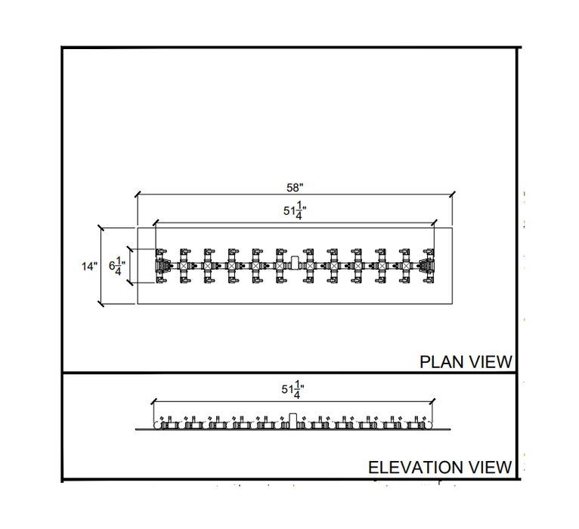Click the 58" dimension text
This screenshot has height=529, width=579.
(295, 188)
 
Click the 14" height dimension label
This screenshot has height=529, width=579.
(89, 266)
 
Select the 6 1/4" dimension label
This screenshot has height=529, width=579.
(116, 266)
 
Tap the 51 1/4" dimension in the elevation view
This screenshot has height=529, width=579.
(293, 390)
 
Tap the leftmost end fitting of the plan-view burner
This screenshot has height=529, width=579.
(160, 266)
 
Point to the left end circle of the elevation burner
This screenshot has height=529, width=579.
(158, 425)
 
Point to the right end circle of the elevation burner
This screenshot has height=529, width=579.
(429, 425)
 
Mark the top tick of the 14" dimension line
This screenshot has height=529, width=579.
(101, 227)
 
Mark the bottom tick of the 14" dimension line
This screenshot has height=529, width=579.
(101, 304)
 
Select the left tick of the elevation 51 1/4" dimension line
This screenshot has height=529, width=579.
(153, 401)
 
